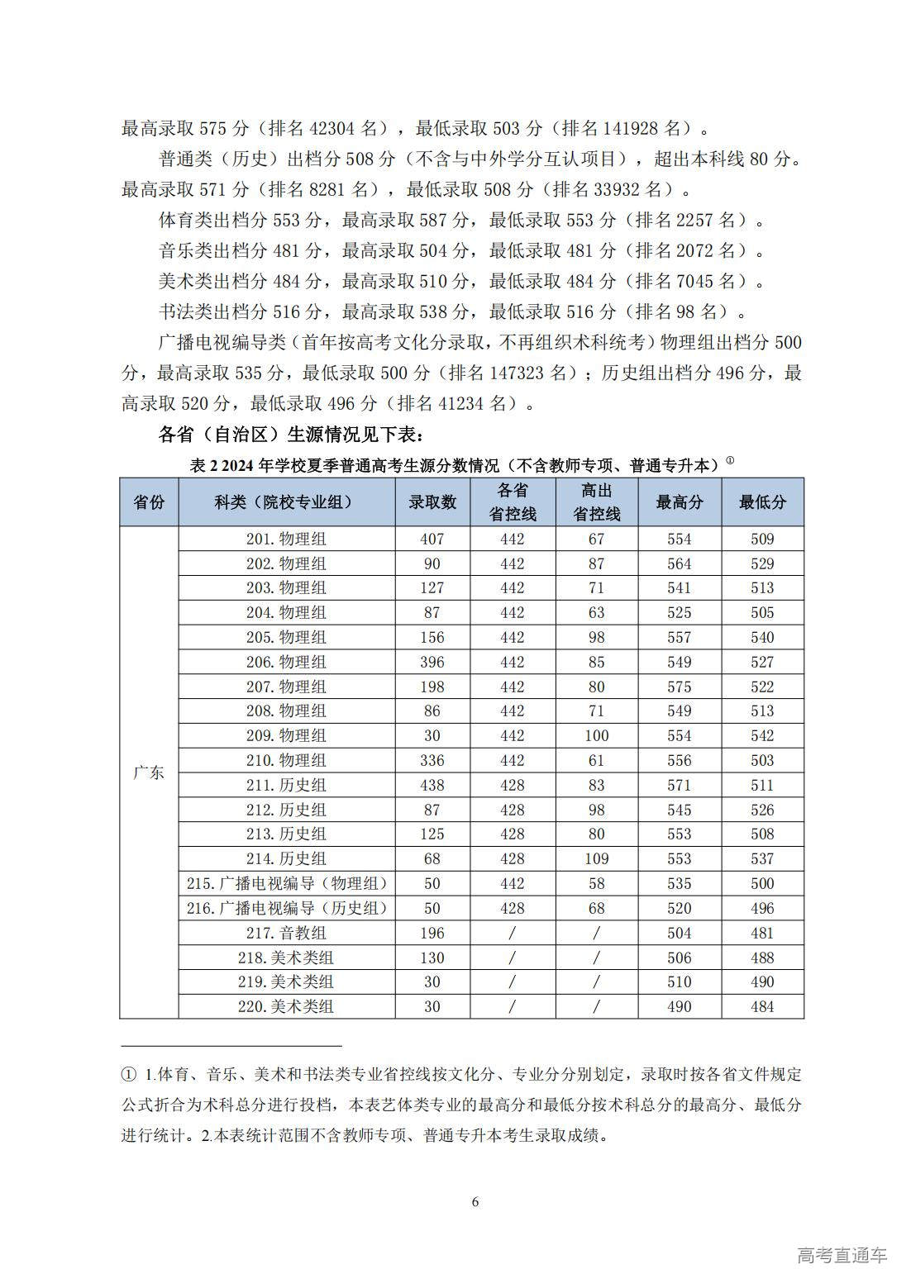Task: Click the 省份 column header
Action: tap(149, 501)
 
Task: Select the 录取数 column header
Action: tap(432, 501)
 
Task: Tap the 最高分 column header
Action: tap(680, 501)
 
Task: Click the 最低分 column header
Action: tap(762, 501)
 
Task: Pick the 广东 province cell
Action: tap(149, 772)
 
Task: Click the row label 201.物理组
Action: tap(286, 539)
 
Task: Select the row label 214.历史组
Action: tap(286, 858)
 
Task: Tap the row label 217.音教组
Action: tap(286, 933)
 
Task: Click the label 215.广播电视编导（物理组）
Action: tap(286, 883)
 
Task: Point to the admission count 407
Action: tap(432, 539)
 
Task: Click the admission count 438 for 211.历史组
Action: tap(432, 785)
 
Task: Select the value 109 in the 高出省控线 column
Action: tap(596, 858)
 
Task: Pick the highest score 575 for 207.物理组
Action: tap(680, 687)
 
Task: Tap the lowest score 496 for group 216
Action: tap(762, 908)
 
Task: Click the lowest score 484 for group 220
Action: tap(762, 1006)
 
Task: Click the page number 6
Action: tap(475, 1201)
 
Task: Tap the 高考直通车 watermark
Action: tap(842, 1255)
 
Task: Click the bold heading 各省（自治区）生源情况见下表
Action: tap(291, 434)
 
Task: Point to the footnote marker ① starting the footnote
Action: tap(128, 1075)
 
